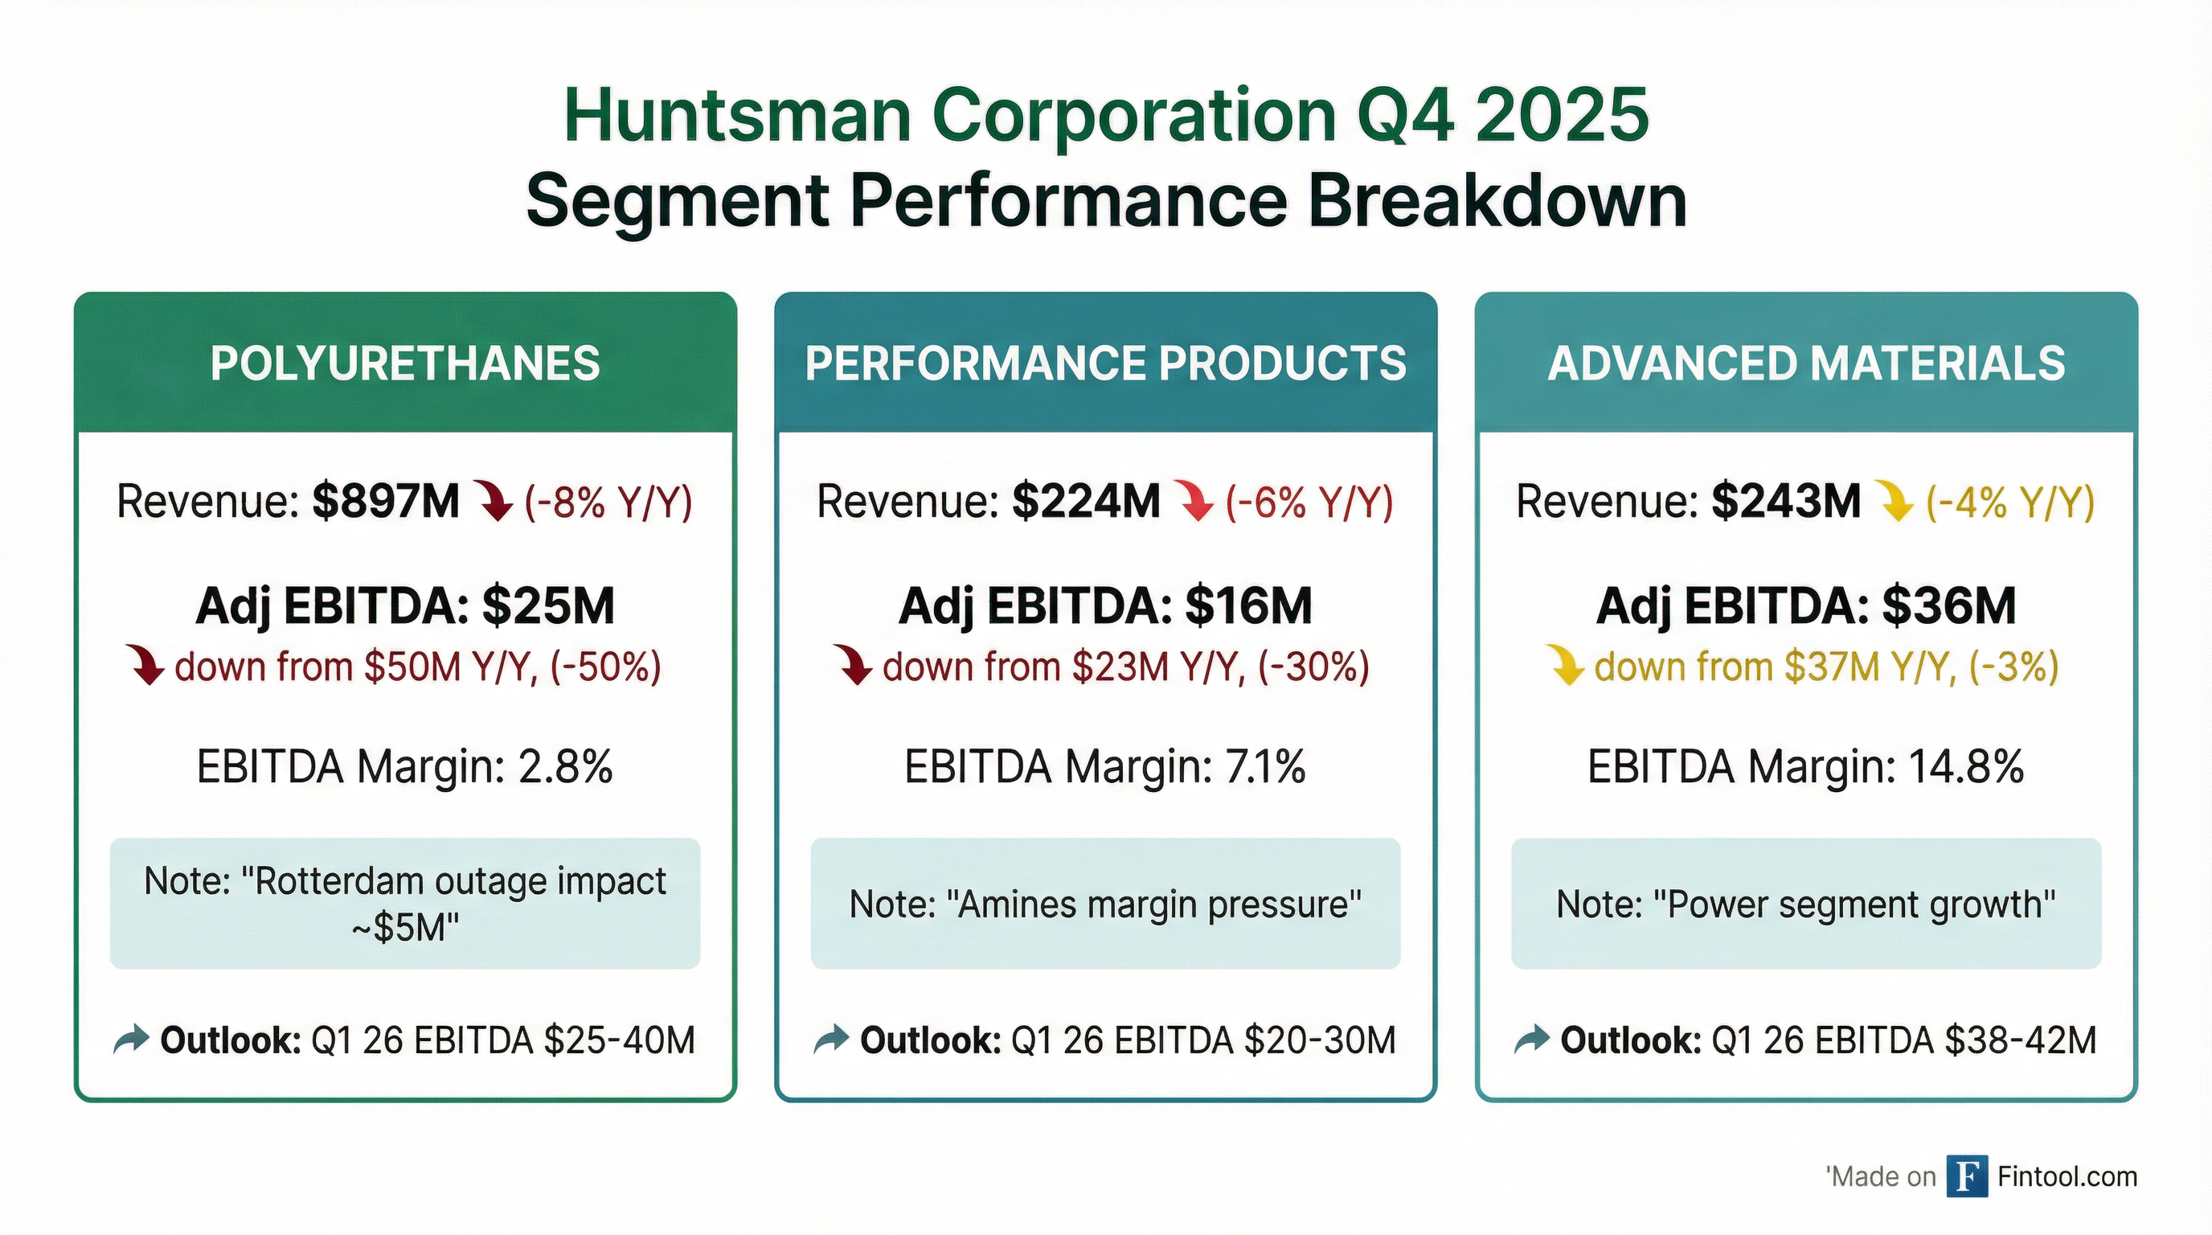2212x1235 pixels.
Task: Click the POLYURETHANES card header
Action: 404,363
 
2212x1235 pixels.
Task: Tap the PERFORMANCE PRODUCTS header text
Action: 1105,363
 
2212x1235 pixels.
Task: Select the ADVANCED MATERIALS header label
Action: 1806,363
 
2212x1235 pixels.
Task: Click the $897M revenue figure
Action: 386,502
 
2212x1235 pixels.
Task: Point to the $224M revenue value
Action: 1085,502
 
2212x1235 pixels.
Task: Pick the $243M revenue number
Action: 1785,502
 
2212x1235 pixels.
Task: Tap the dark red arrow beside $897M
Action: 494,502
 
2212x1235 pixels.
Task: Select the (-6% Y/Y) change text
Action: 1309,502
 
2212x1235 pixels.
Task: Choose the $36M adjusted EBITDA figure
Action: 1948,606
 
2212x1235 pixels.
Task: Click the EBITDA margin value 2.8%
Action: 565,767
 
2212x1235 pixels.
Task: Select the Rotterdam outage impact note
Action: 404,904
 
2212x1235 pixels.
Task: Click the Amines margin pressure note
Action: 1105,905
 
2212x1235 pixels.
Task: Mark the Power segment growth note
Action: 1806,905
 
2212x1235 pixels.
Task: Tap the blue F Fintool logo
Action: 1966,1176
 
